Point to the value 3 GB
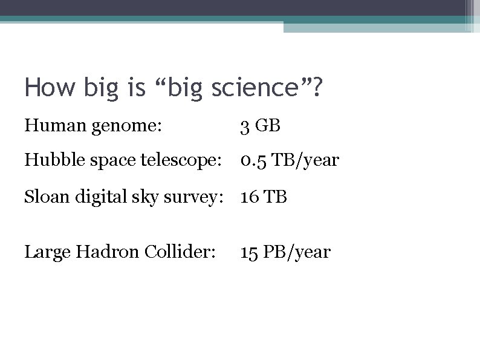click(x=261, y=126)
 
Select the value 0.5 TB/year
click(x=290, y=161)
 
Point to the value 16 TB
click(x=264, y=197)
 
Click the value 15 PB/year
click(x=285, y=252)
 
